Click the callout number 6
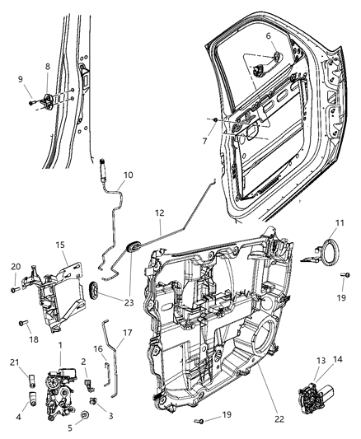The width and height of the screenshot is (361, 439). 267,36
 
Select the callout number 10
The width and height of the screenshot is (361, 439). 128,174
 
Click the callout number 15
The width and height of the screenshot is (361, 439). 59,245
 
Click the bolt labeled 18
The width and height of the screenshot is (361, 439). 25,323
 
